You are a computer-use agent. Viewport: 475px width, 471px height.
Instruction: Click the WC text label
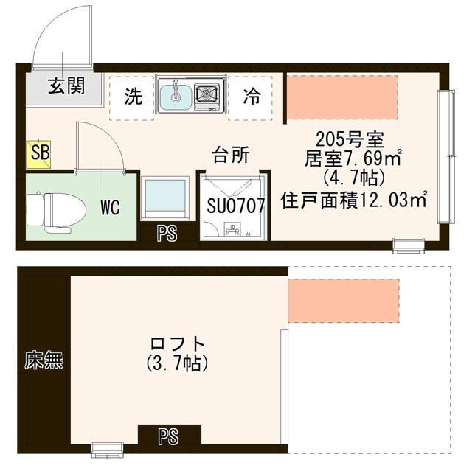pyautogui.click(x=110, y=207)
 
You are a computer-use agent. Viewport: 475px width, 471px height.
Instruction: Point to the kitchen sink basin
pyautogui.click(x=176, y=95)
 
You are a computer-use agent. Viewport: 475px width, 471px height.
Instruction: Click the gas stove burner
pyautogui.click(x=208, y=94)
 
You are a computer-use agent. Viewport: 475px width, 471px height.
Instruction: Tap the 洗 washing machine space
pyautogui.click(x=132, y=97)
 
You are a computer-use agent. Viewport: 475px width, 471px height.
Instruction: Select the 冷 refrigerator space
pyautogui.click(x=252, y=97)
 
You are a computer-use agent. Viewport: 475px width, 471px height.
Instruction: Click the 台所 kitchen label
pyautogui.click(x=230, y=154)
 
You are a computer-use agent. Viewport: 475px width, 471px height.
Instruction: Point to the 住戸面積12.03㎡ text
pyautogui.click(x=356, y=199)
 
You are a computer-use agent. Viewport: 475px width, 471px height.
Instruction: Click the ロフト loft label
pyautogui.click(x=176, y=343)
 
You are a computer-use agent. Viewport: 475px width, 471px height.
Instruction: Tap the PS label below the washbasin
pyautogui.click(x=168, y=236)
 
